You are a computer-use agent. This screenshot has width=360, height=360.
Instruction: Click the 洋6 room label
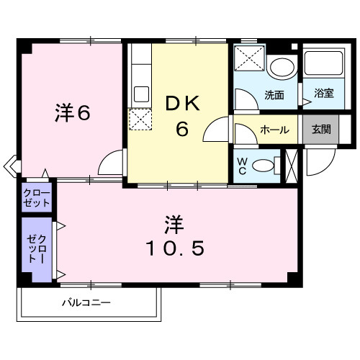[x=73, y=113]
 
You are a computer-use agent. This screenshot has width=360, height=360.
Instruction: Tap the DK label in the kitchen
[x=183, y=103]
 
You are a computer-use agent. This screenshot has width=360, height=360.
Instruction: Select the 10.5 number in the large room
[x=175, y=248]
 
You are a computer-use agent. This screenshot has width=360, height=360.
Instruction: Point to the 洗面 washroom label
[x=274, y=95]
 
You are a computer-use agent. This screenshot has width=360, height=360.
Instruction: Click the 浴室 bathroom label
[x=324, y=93]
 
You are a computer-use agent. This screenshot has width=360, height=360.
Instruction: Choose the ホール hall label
[x=274, y=130]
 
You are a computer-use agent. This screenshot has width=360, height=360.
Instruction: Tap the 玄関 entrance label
[x=321, y=130]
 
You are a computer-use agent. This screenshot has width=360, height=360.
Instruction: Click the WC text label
[x=242, y=166]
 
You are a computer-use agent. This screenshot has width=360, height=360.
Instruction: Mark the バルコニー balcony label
[x=86, y=302]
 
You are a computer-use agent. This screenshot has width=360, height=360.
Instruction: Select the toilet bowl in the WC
[x=263, y=166]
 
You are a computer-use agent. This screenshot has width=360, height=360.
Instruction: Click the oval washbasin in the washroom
[x=282, y=67]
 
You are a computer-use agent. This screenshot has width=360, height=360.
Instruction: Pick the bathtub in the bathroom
[x=324, y=63]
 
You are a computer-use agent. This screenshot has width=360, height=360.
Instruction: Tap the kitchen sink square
[x=141, y=94]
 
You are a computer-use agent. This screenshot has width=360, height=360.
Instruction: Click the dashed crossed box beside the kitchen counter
[x=140, y=120]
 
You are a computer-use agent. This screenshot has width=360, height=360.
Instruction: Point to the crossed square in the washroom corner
[x=249, y=58]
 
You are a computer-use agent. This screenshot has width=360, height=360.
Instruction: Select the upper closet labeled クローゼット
[x=37, y=197]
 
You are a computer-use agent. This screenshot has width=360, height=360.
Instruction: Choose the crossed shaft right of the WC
[x=292, y=166]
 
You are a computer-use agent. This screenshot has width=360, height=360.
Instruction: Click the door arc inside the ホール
[x=250, y=130]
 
